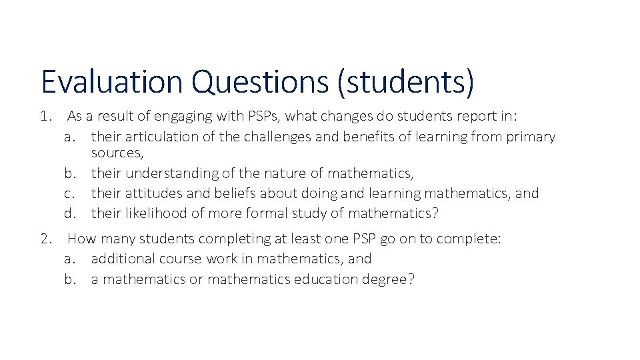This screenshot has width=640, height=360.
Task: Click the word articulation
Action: [x=149, y=137]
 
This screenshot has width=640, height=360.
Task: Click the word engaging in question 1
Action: [x=184, y=117]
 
